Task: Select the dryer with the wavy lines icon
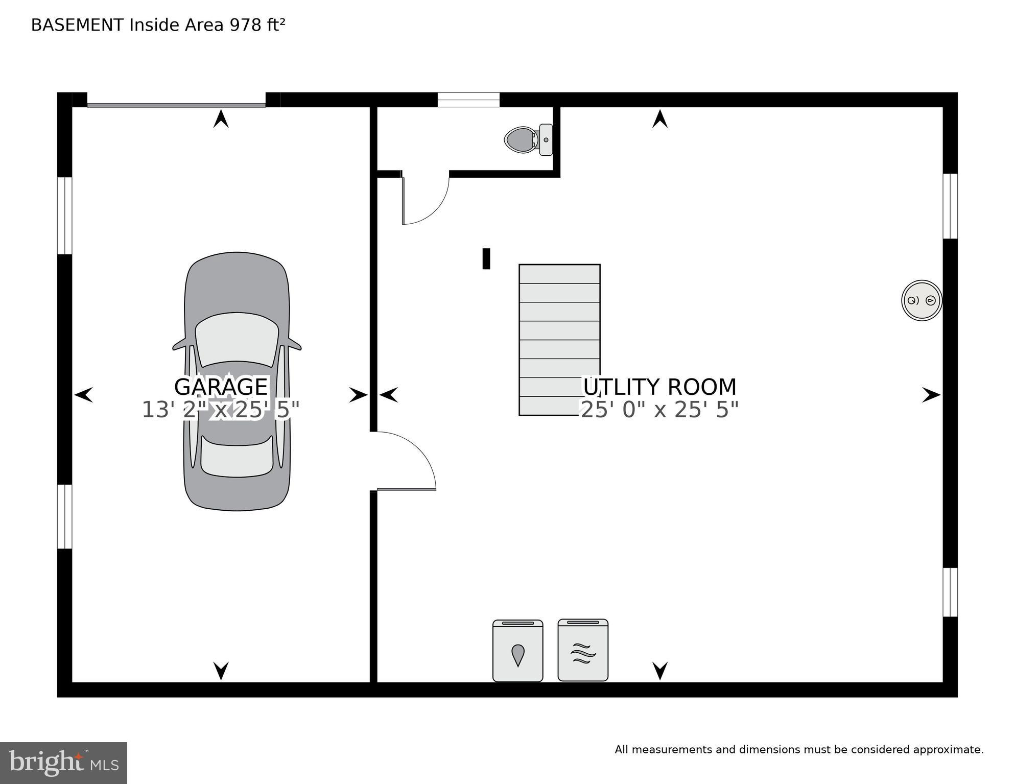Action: coord(583,650)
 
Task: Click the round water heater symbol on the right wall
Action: coord(922,300)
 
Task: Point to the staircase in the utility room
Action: coord(559,340)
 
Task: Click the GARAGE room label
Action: coord(221,387)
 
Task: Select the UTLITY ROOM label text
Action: coord(659,387)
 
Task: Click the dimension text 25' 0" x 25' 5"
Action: coord(659,410)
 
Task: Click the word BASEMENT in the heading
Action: coord(77,25)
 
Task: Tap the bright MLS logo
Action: coord(63,763)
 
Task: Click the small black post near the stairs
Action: coord(486,258)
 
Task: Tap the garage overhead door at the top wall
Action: coord(176,105)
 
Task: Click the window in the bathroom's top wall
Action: coord(468,100)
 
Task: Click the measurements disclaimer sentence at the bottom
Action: coord(799,749)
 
